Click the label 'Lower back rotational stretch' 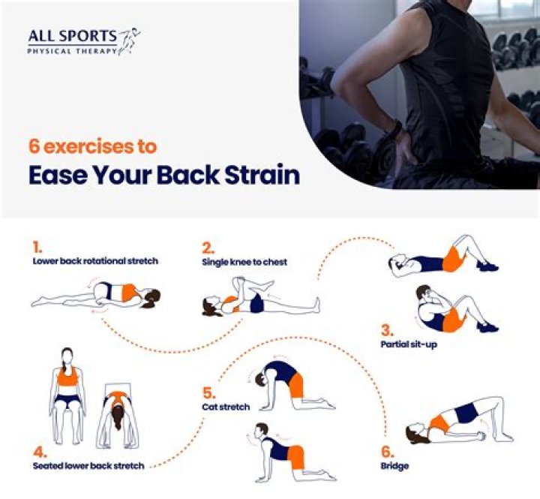(95, 262)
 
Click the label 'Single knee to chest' (244, 262)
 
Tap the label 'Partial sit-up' (409, 344)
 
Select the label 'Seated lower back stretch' (88, 466)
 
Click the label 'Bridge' (394, 466)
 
